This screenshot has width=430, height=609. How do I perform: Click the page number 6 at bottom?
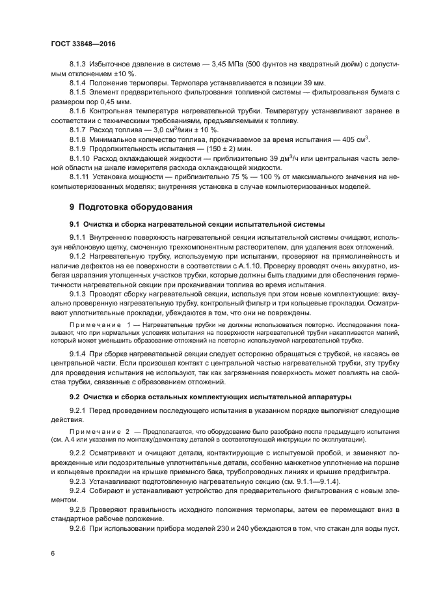pyautogui.click(x=53, y=552)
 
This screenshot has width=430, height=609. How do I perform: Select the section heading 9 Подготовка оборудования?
pyautogui.click(x=127, y=207)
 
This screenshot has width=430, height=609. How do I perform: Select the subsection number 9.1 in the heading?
pyautogui.click(x=75, y=225)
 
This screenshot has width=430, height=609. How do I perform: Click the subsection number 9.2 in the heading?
pyautogui.click(x=75, y=396)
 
